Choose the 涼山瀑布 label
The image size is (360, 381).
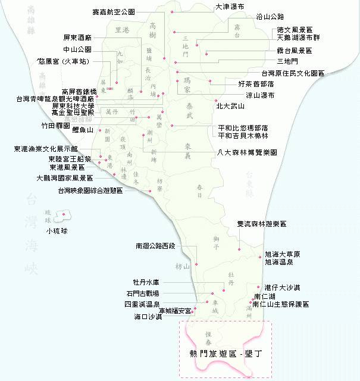click(x=260, y=95)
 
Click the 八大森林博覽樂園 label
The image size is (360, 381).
click(x=248, y=152)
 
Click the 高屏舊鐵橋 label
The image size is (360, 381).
click(x=80, y=92)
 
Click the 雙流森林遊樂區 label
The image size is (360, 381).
click(x=261, y=224)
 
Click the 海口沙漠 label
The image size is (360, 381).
click(x=148, y=316)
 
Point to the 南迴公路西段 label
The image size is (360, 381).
click(x=155, y=245)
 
